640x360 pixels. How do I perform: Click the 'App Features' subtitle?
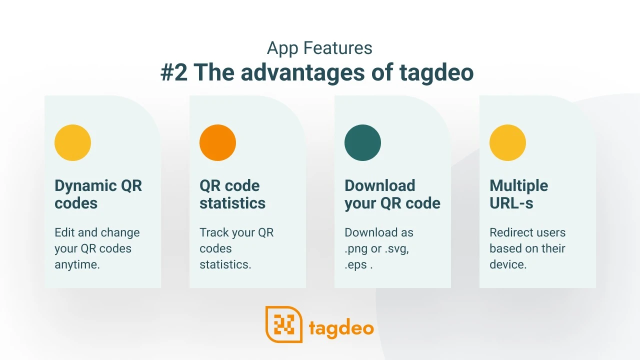pyautogui.click(x=319, y=48)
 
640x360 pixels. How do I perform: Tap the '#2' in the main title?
pyautogui.click(x=174, y=72)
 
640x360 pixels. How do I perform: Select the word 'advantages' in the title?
pyautogui.click(x=302, y=73)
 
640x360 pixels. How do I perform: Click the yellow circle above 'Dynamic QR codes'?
pyautogui.click(x=73, y=142)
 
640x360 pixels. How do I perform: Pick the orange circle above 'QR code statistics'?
pyautogui.click(x=217, y=142)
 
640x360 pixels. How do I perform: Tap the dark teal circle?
pyautogui.click(x=362, y=142)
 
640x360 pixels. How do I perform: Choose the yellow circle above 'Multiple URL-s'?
pyautogui.click(x=507, y=142)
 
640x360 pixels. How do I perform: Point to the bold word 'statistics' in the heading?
pyautogui.click(x=232, y=203)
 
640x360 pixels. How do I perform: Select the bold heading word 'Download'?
pyautogui.click(x=380, y=185)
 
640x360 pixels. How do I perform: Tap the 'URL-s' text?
pyautogui.click(x=511, y=203)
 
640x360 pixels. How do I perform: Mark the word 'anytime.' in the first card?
pyautogui.click(x=77, y=265)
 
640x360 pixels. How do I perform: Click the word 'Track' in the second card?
pyautogui.click(x=214, y=232)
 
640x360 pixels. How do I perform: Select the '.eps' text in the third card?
pyautogui.click(x=355, y=265)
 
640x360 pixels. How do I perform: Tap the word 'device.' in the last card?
pyautogui.click(x=508, y=264)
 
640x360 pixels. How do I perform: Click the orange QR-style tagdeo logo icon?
pyautogui.click(x=284, y=324)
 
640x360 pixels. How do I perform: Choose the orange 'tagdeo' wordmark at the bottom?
pyautogui.click(x=341, y=328)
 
